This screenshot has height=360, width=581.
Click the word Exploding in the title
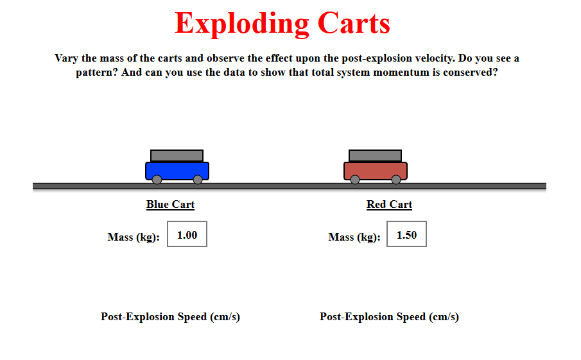click(x=242, y=23)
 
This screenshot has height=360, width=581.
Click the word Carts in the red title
click(x=354, y=23)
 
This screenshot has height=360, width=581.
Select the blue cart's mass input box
click(x=187, y=234)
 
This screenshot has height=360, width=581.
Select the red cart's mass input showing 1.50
click(x=406, y=234)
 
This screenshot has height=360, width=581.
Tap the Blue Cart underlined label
click(x=170, y=205)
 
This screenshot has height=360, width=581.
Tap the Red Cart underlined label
click(x=390, y=205)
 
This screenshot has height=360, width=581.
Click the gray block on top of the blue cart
click(x=177, y=155)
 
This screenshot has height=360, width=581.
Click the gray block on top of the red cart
click(x=375, y=155)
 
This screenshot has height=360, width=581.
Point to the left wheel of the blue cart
click(x=157, y=180)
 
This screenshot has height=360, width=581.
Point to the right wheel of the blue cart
click(x=198, y=180)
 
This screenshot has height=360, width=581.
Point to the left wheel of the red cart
click(x=355, y=180)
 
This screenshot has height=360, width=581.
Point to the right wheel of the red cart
click(x=396, y=180)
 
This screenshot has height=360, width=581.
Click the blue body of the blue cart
click(x=177, y=170)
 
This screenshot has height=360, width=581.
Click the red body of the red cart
click(x=376, y=170)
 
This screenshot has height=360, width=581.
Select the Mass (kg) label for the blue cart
click(x=134, y=237)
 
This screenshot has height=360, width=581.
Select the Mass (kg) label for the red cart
click(x=354, y=237)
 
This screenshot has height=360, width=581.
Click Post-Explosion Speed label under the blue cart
click(x=170, y=317)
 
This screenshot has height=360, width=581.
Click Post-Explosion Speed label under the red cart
click(x=390, y=317)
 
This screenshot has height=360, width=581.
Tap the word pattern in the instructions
click(x=97, y=73)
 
